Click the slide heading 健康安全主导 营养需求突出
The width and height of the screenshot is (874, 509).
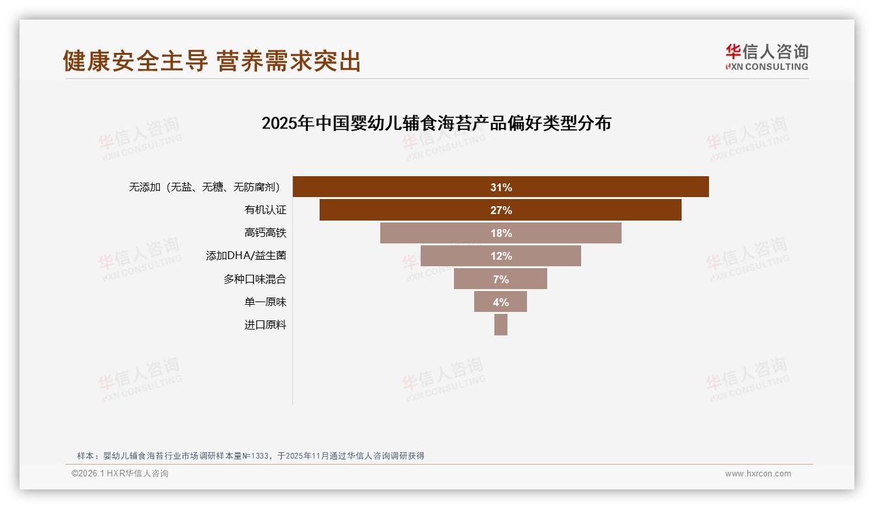tap(211, 61)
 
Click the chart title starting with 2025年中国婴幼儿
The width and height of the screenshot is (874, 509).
tap(436, 123)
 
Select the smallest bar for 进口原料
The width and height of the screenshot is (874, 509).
tap(500, 325)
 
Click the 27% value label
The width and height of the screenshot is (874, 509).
tap(501, 210)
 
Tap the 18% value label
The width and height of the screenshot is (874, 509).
tap(501, 233)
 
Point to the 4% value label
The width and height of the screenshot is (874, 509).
tap(501, 302)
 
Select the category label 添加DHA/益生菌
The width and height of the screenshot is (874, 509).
tap(246, 256)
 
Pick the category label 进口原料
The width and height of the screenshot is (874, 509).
tap(265, 325)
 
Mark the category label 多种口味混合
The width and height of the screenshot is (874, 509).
tap(254, 279)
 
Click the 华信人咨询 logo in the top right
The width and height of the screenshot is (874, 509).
tap(766, 57)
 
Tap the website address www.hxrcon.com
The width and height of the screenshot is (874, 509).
tap(758, 474)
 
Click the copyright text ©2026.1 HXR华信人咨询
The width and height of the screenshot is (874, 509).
tap(120, 474)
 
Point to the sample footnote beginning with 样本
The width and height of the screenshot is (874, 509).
tap(250, 455)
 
